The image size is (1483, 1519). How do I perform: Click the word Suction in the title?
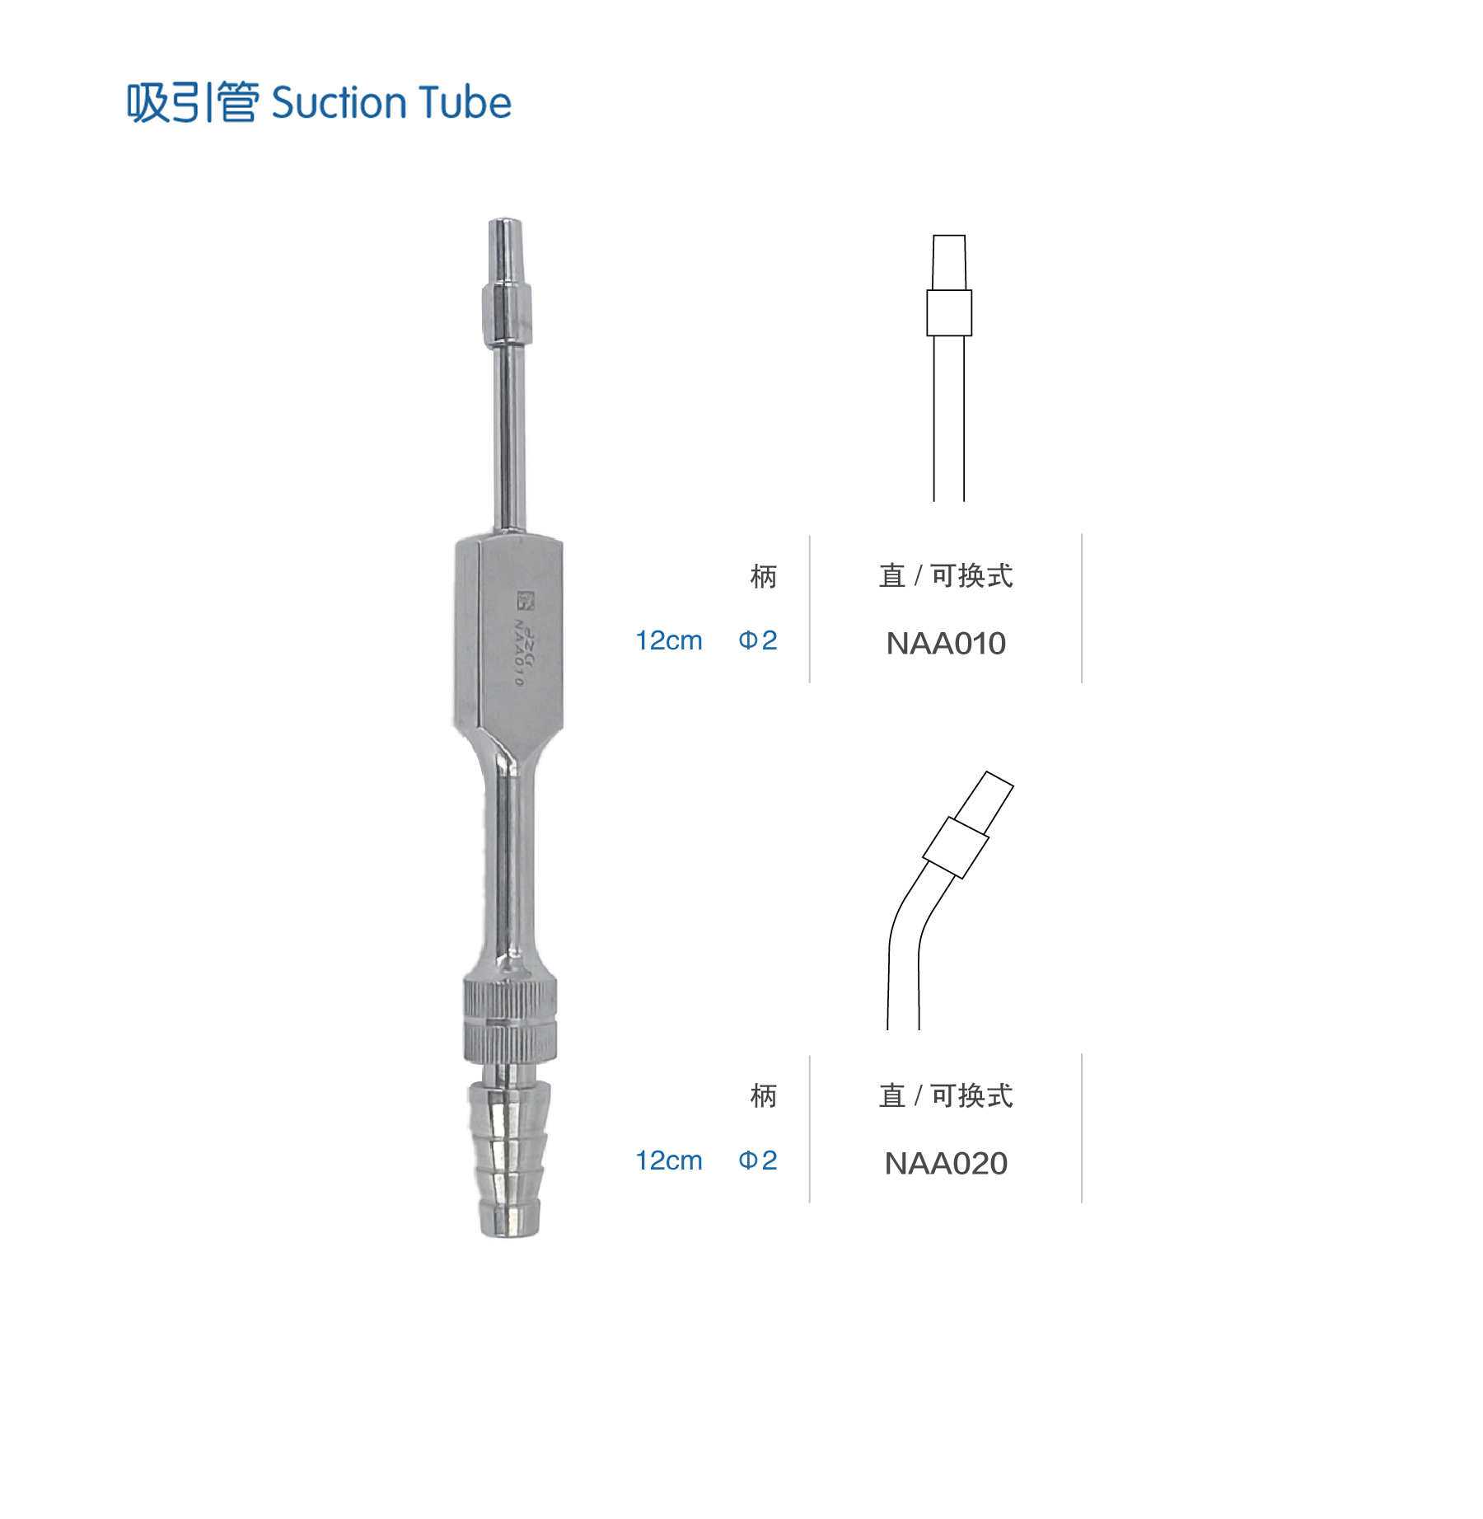click(339, 103)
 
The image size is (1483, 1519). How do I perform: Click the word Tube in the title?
click(465, 102)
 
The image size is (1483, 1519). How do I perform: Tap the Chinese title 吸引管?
click(193, 103)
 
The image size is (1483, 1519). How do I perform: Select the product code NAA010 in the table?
click(946, 644)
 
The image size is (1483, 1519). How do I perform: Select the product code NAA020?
click(946, 1164)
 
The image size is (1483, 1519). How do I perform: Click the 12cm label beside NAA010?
click(669, 640)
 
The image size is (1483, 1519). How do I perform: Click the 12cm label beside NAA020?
click(669, 1160)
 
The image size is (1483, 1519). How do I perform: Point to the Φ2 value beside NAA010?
click(758, 640)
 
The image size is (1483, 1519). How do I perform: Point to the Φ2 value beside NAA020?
click(758, 1160)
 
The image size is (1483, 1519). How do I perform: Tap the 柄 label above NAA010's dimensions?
click(764, 576)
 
